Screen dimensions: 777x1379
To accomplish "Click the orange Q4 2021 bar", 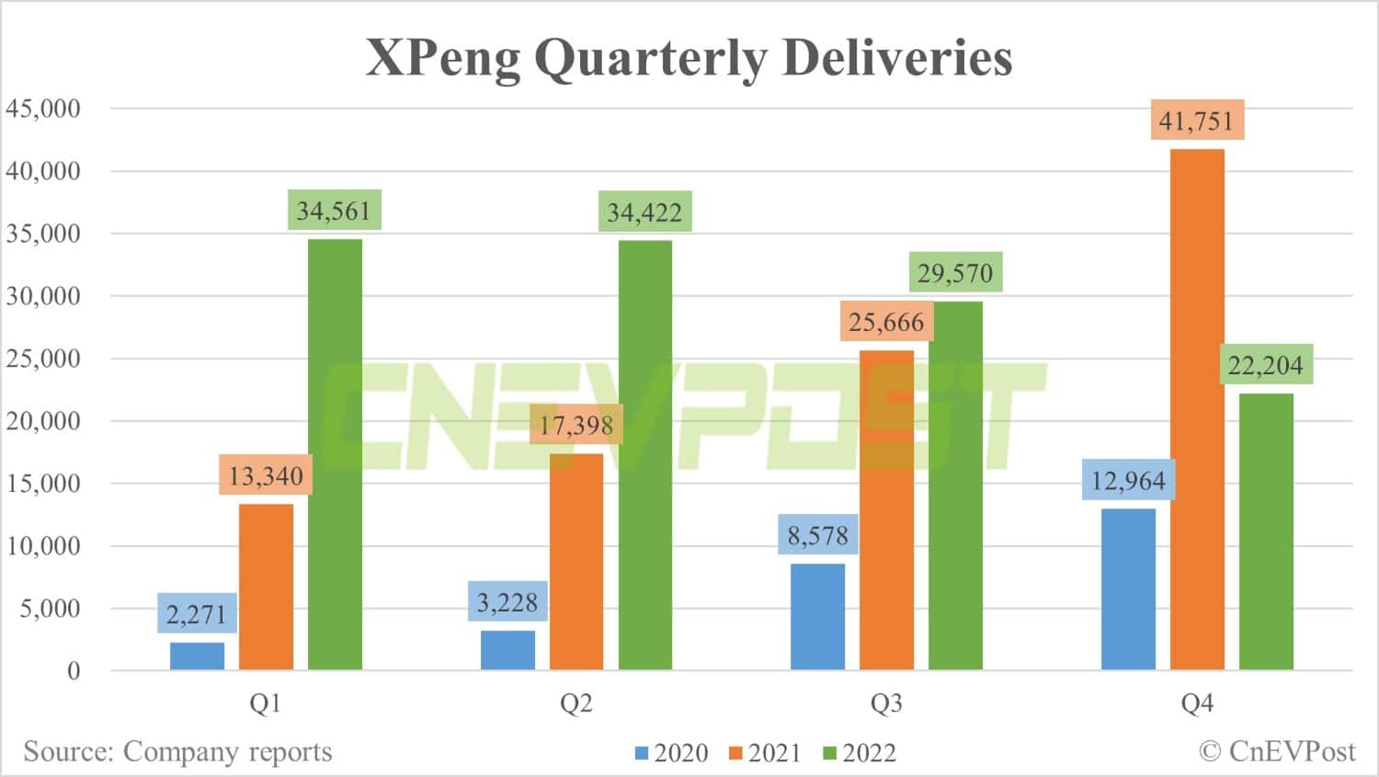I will (1197, 409).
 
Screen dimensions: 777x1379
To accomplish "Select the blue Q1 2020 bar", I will (198, 656).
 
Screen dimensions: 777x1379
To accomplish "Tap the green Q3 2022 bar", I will (955, 486).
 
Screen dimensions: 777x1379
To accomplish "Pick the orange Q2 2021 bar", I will (576, 561).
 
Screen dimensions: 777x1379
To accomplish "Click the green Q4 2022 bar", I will (1266, 531).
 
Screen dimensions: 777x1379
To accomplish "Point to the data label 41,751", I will (1196, 120).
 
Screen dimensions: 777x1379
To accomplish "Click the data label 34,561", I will (334, 211).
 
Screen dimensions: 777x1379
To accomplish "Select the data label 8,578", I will (817, 535).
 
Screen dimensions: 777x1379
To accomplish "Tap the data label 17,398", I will (576, 425).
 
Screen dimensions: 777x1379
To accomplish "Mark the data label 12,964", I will (1128, 480).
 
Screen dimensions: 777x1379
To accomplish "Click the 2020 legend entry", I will (672, 753).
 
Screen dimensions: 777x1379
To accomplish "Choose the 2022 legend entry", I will (860, 753).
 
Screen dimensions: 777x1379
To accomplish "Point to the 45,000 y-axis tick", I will (43, 109).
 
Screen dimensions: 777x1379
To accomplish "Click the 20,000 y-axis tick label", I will (43, 421).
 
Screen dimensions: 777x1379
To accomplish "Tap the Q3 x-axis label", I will (886, 703).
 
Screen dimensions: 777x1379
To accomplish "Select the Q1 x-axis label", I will (266, 703).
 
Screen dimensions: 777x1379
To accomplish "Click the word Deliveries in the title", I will (897, 58).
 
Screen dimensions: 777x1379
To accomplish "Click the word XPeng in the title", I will (443, 58).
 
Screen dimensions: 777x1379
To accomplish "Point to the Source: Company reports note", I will (177, 751).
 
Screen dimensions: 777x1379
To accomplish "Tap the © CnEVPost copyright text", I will (1277, 751).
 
